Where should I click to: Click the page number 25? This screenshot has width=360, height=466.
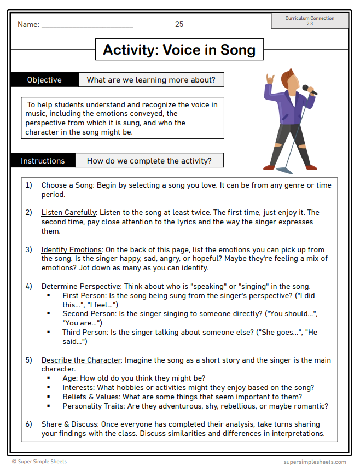179,24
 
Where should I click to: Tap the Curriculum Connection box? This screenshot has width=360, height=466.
310,21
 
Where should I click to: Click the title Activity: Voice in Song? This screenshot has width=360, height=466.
179,50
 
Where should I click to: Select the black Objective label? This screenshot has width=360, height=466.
44,80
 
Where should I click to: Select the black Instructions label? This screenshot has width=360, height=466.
43,161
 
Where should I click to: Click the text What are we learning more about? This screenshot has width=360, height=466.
151,80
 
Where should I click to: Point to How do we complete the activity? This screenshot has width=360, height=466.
149,161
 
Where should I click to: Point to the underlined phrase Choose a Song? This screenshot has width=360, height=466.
67,185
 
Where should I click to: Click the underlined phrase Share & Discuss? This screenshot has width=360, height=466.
69,424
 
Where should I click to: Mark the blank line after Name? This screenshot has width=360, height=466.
87,25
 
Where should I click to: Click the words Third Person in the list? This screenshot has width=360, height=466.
85,332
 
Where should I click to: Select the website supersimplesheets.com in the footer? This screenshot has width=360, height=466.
315,462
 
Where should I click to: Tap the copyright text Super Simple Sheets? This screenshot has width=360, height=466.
43,462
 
